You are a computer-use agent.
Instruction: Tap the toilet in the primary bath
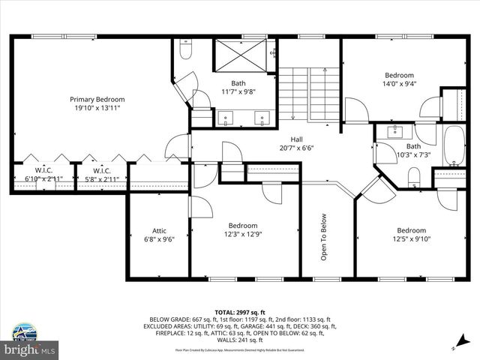[x=187, y=51]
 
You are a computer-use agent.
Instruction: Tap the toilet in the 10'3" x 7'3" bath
[x=413, y=177]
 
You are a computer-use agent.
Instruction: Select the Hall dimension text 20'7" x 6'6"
[x=296, y=148]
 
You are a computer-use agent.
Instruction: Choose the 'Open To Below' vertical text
[x=325, y=238]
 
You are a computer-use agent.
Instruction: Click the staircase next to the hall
[x=309, y=93]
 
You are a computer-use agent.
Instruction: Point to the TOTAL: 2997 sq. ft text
[x=239, y=312]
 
